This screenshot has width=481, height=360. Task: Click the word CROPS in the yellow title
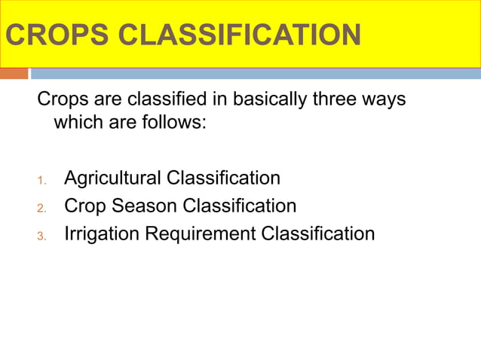[x=48, y=35]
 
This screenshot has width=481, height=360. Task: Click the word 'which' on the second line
[x=76, y=122]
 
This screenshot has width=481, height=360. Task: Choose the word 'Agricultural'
[x=113, y=178]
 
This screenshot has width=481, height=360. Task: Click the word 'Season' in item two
[x=143, y=206]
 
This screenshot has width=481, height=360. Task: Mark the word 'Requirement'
[x=200, y=234]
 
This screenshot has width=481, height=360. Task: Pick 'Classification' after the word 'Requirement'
[x=317, y=234]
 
